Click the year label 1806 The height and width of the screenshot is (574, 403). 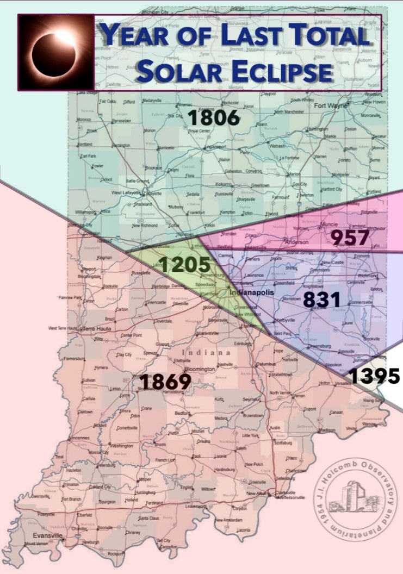coord(213,117)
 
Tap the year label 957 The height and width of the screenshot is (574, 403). coord(350,237)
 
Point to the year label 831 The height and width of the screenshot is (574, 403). coord(321,300)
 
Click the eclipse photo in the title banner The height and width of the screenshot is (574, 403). coord(56,52)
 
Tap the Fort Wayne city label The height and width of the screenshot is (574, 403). coord(330,105)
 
